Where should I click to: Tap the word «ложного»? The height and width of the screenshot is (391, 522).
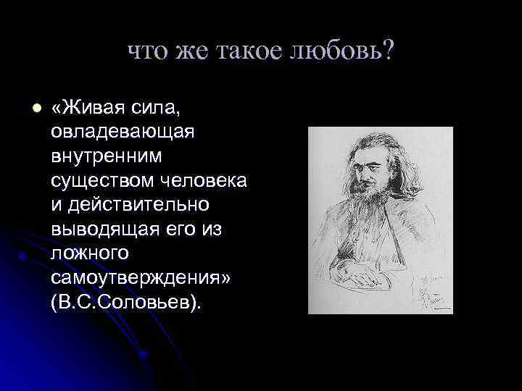[x=90, y=253]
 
